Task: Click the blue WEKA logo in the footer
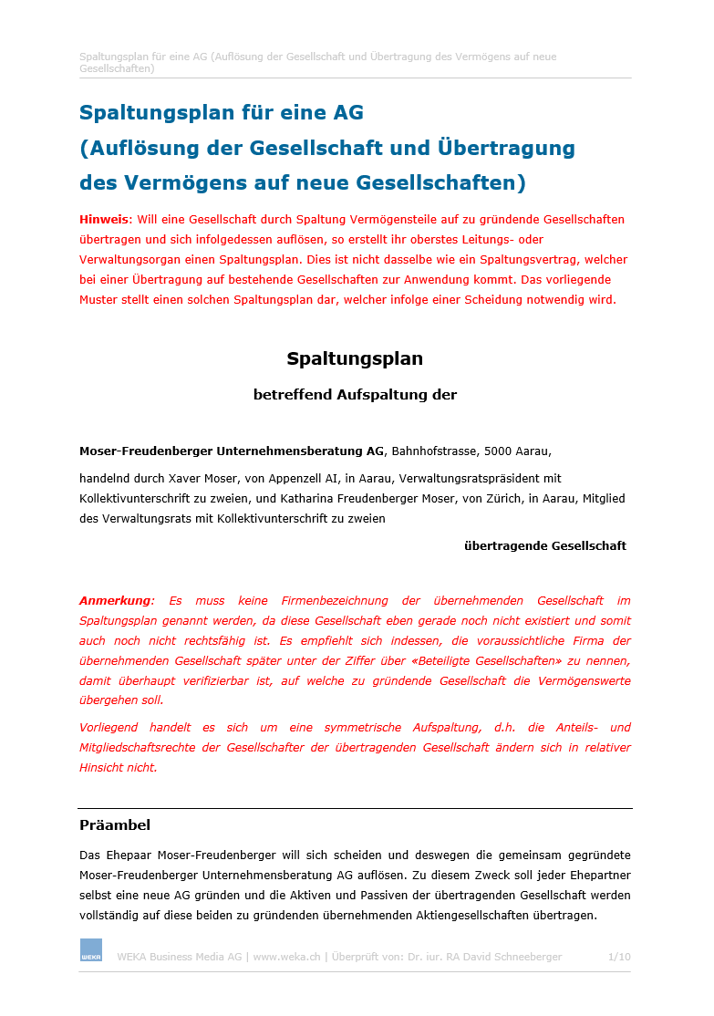click(x=90, y=949)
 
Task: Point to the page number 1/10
click(x=619, y=957)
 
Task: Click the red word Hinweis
click(x=105, y=220)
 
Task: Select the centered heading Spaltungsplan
click(x=355, y=358)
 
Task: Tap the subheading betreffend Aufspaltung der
click(x=355, y=395)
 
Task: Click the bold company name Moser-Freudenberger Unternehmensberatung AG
click(x=232, y=451)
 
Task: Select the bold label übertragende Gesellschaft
click(x=545, y=545)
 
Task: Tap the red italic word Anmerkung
click(x=116, y=601)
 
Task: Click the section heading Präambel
click(x=115, y=825)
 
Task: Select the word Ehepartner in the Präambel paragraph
click(x=598, y=876)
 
